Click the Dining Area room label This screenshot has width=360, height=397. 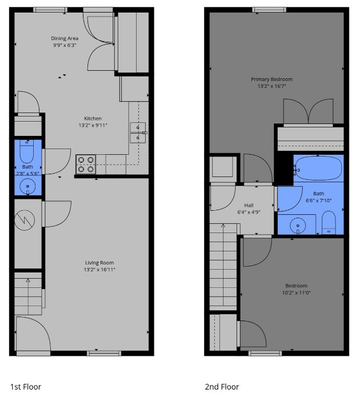[65, 38]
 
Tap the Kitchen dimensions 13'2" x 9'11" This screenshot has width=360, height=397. [93, 125]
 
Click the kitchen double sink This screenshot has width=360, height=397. [137, 132]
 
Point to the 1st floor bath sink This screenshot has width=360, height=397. [27, 186]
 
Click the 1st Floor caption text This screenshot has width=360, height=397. [26, 387]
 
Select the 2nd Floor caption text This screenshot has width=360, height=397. [222, 387]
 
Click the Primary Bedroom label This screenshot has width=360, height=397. [271, 79]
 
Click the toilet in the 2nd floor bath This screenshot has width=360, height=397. [329, 222]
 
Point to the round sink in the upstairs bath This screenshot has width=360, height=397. [298, 226]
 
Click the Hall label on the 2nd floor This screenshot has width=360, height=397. [249, 205]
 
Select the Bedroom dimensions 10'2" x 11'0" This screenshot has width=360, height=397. [296, 292]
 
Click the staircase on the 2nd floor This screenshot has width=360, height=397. [223, 266]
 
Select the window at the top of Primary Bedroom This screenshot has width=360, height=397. [271, 9]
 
